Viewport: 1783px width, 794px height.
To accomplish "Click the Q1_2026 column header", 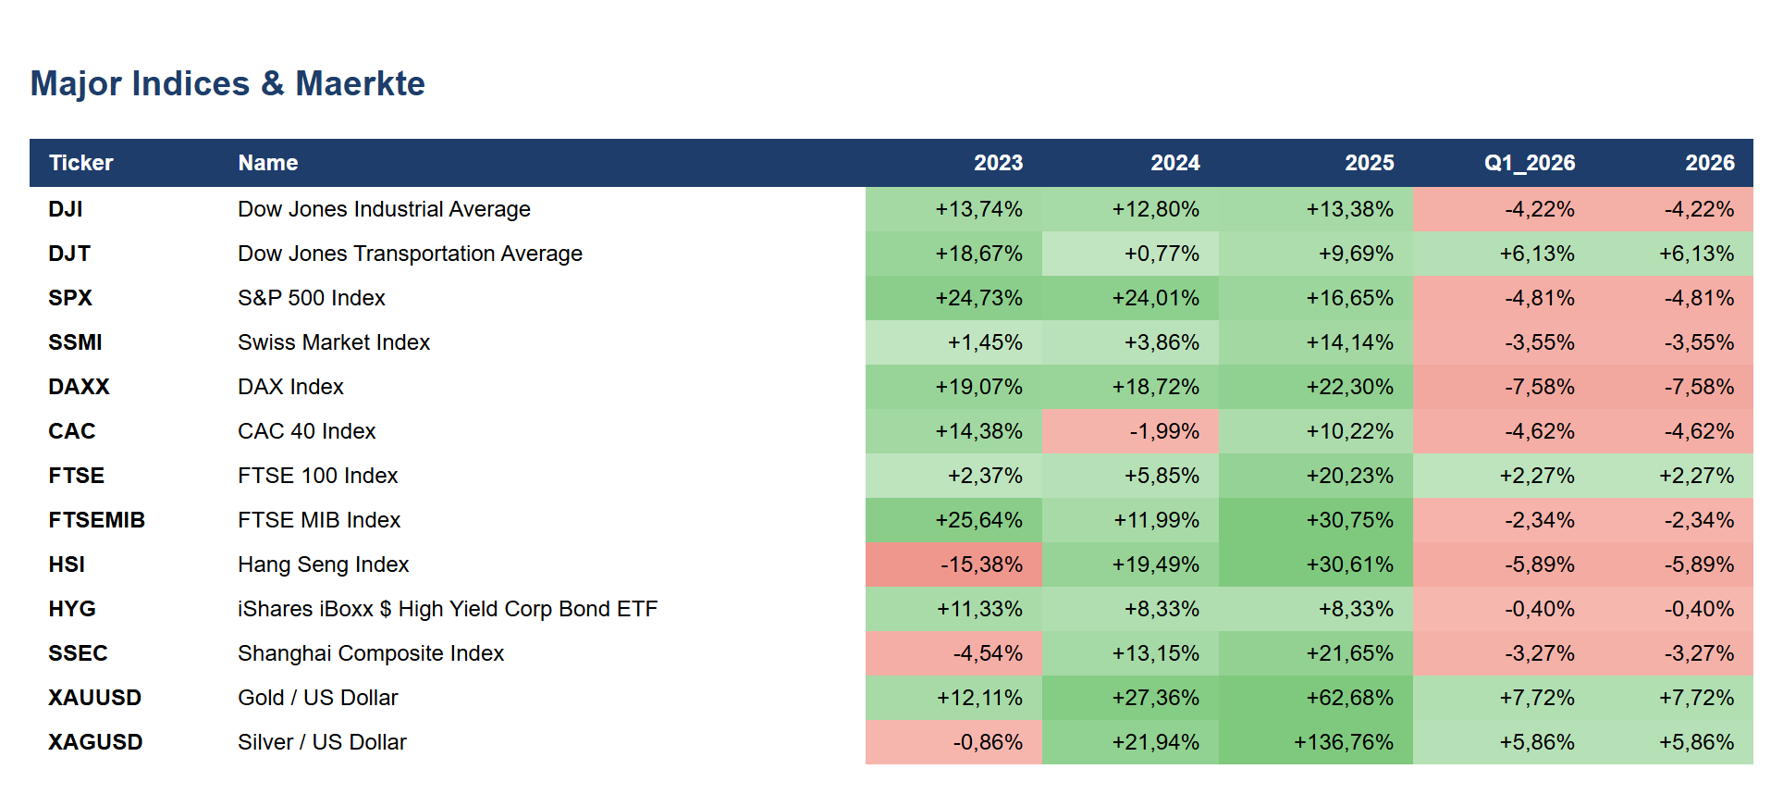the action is click(x=1530, y=163).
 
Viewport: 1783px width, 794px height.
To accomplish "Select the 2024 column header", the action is click(x=1175, y=163).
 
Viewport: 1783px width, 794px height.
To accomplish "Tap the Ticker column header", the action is click(x=81, y=163).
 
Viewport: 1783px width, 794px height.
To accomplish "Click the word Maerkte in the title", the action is click(x=361, y=83).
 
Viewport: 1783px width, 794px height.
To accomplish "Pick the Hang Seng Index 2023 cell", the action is click(x=953, y=564).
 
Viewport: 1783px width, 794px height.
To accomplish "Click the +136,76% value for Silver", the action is click(x=1344, y=742).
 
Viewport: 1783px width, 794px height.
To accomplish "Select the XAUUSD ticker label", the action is click(x=95, y=698).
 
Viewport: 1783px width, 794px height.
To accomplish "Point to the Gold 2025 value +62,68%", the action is click(x=1349, y=698).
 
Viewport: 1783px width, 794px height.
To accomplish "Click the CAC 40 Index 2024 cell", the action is click(x=1130, y=431).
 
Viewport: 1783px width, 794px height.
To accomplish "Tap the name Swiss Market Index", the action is click(x=334, y=342).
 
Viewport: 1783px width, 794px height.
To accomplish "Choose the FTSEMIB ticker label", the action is click(x=97, y=520).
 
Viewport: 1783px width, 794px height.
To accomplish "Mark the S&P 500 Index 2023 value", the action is click(x=978, y=298).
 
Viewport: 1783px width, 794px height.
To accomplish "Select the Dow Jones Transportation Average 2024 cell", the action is click(x=1130, y=254).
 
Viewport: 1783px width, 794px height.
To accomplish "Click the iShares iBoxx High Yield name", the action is click(x=448, y=609).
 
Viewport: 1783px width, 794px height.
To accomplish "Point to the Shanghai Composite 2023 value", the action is click(x=988, y=653).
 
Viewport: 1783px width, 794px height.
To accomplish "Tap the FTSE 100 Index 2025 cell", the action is click(x=1316, y=476).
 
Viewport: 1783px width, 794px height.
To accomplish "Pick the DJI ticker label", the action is click(x=66, y=209).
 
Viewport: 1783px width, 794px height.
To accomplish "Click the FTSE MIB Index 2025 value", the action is click(x=1349, y=520).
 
